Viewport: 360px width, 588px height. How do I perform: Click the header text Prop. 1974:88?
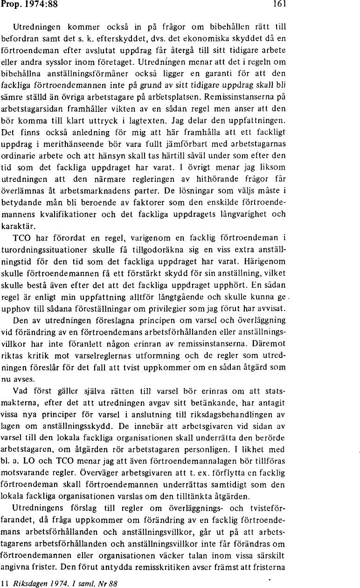22,5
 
